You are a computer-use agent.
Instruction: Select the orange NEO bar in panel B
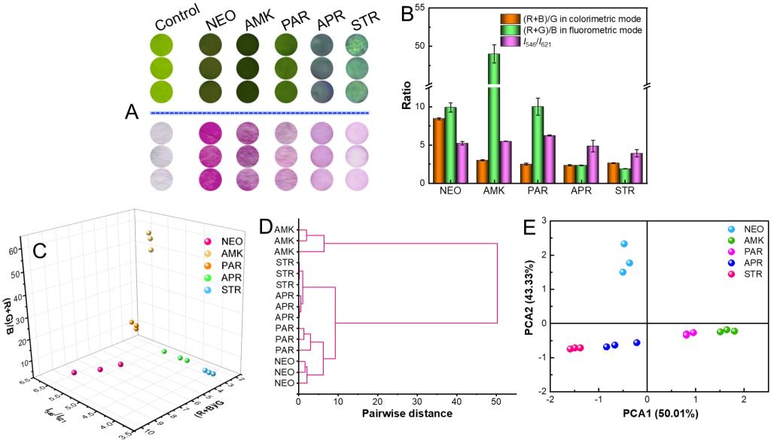click(x=438, y=150)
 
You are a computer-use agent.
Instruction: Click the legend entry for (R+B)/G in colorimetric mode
click(x=573, y=17)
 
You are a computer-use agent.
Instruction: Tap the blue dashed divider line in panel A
click(x=260, y=113)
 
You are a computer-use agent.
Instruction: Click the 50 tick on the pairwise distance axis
click(x=496, y=399)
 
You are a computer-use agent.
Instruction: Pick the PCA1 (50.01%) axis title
click(x=660, y=414)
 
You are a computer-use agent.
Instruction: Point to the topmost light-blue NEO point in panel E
click(x=624, y=244)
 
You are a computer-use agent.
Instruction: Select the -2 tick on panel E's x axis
click(x=551, y=399)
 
